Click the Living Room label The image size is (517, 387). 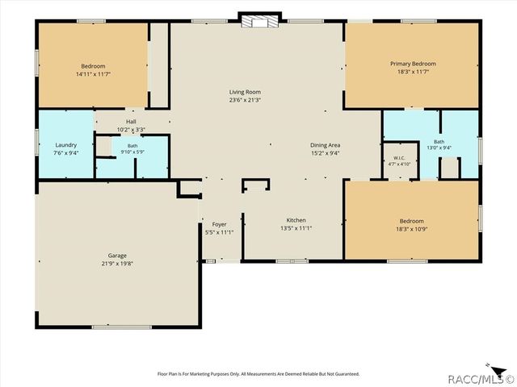click(245, 92)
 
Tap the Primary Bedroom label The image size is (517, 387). click(413, 64)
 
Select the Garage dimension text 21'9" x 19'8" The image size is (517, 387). click(117, 264)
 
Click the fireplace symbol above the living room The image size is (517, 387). click(260, 22)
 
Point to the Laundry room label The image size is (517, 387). click(66, 145)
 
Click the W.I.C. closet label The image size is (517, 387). click(399, 158)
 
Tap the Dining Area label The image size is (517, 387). click(325, 145)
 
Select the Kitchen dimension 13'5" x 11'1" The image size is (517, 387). click(296, 228)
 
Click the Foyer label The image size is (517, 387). click(219, 224)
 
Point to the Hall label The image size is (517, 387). click(131, 122)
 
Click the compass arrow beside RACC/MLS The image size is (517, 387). click(498, 369)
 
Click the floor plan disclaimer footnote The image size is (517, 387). click(258, 374)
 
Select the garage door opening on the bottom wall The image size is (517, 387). click(122, 327)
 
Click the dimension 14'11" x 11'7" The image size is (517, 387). click(94, 74)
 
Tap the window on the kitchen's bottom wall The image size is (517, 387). click(292, 261)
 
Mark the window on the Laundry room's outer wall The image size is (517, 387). click(37, 142)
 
